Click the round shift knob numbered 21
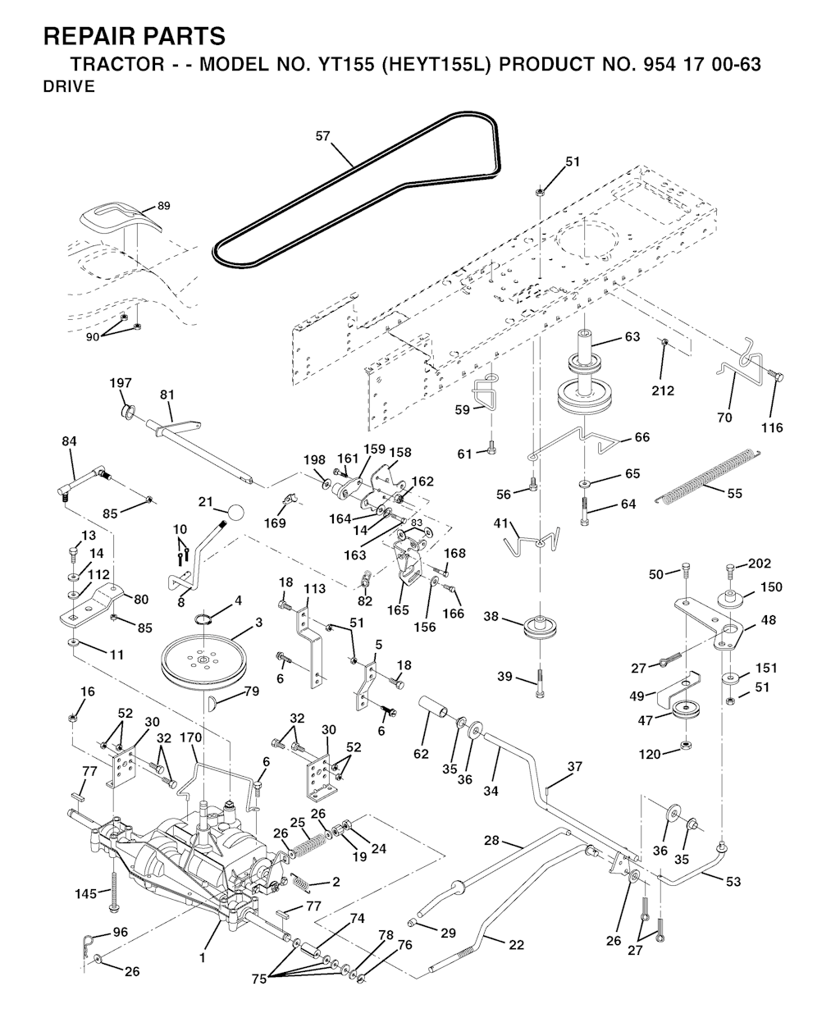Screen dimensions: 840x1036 point(235,512)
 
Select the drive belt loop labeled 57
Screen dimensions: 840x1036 point(355,190)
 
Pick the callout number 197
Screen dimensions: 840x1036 point(120,383)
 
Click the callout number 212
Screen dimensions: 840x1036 point(663,390)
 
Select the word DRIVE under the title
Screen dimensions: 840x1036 point(69,87)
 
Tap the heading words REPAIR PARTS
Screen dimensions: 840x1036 point(135,36)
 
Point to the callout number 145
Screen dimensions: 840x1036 point(86,893)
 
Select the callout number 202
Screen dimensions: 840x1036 point(760,564)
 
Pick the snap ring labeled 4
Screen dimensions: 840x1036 point(204,619)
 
